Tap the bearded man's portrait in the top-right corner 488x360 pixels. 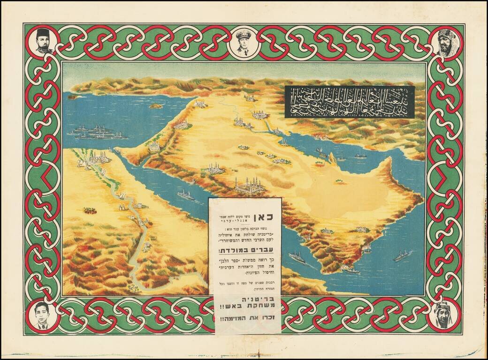pos(444,43)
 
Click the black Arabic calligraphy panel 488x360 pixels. pos(350,102)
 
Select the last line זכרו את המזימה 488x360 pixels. pos(246,320)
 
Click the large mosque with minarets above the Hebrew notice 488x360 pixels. pos(250,186)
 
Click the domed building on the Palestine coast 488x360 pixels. pos(154,147)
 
